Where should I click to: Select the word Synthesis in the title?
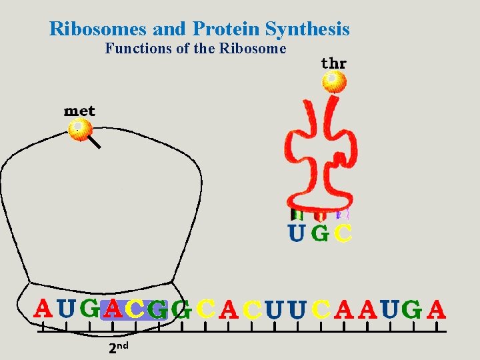click(307, 29)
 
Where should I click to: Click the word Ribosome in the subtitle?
click(256, 49)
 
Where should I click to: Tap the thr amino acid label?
click(333, 63)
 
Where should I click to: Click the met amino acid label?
click(79, 111)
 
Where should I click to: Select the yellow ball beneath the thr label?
click(333, 81)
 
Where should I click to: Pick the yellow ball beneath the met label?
click(80, 129)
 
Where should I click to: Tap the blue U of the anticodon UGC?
click(296, 234)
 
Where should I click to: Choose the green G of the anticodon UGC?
click(320, 234)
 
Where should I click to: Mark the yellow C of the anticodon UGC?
click(343, 234)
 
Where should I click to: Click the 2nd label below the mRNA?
click(118, 347)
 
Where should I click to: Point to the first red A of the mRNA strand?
click(43, 309)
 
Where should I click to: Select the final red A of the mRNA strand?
click(437, 309)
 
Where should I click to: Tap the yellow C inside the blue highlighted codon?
click(135, 309)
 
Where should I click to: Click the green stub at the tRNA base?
click(297, 215)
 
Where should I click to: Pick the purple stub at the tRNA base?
click(343, 214)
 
